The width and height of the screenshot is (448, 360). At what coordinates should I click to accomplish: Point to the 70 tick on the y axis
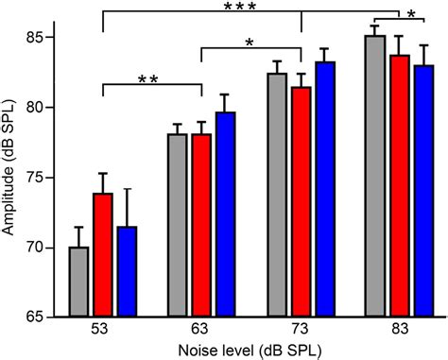pos(41,248)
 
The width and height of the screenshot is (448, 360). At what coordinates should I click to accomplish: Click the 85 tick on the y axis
pos(41,38)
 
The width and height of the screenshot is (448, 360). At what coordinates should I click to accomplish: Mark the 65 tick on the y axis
pos(41,317)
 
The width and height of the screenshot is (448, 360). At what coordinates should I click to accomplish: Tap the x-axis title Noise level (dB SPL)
pos(249,351)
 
